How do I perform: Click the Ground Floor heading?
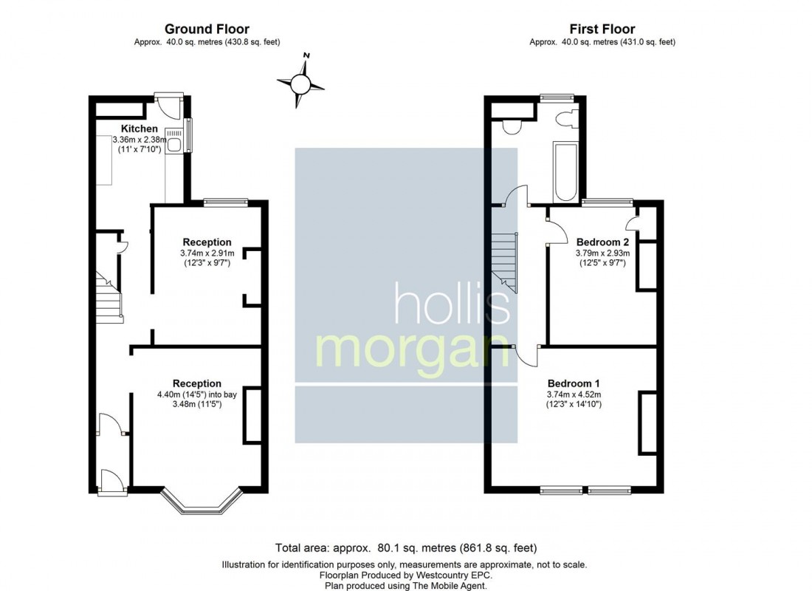tap(207, 29)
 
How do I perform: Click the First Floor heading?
tap(602, 29)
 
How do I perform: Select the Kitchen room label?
tap(140, 129)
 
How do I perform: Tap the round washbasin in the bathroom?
tap(512, 126)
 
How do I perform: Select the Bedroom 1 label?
tap(574, 383)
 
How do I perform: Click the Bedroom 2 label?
tap(602, 242)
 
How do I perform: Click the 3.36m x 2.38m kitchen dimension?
tap(140, 140)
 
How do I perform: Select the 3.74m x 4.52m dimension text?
tap(574, 394)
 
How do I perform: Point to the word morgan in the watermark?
tap(412, 352)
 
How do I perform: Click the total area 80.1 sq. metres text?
tap(406, 548)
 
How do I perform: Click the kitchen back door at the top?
tap(169, 106)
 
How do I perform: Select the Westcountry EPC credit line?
tap(406, 575)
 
